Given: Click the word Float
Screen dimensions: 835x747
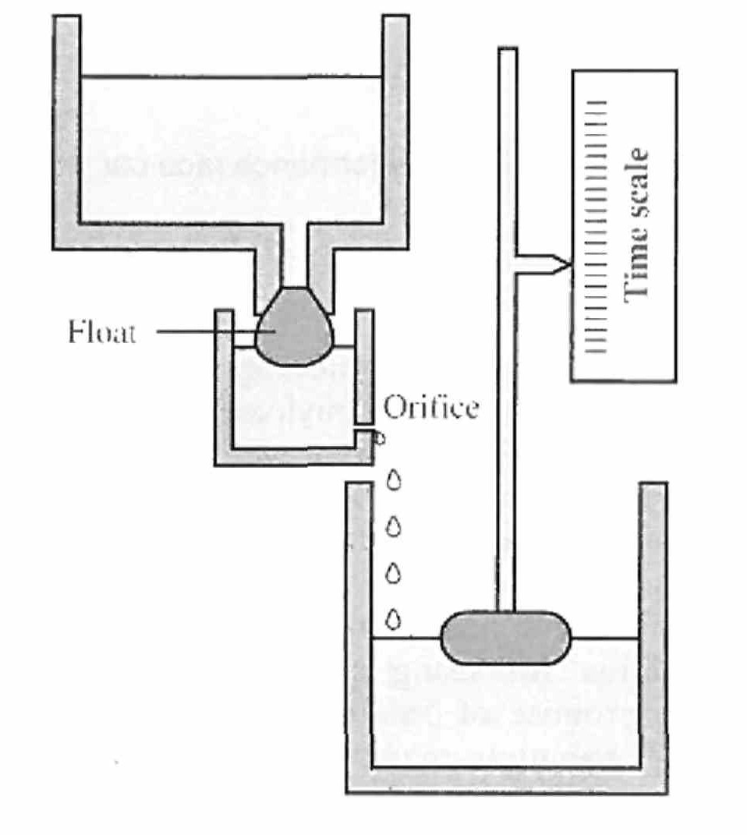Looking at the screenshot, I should coord(101,333).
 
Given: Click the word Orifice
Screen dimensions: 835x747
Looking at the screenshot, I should coord(430,408).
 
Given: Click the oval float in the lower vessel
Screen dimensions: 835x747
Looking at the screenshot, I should coord(505,637).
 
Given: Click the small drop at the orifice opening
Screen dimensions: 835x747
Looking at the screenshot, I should coord(380,438).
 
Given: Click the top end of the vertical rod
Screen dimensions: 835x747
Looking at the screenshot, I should coord(508,53).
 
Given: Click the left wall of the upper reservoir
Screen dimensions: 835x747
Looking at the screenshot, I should coord(67,125).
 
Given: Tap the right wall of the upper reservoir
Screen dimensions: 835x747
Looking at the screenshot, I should coord(395,125).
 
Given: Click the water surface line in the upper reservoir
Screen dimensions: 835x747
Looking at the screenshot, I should coord(231,76).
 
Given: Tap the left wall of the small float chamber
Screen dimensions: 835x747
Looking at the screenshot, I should coord(224,382).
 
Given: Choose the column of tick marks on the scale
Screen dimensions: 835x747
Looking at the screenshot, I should coord(598,226).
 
